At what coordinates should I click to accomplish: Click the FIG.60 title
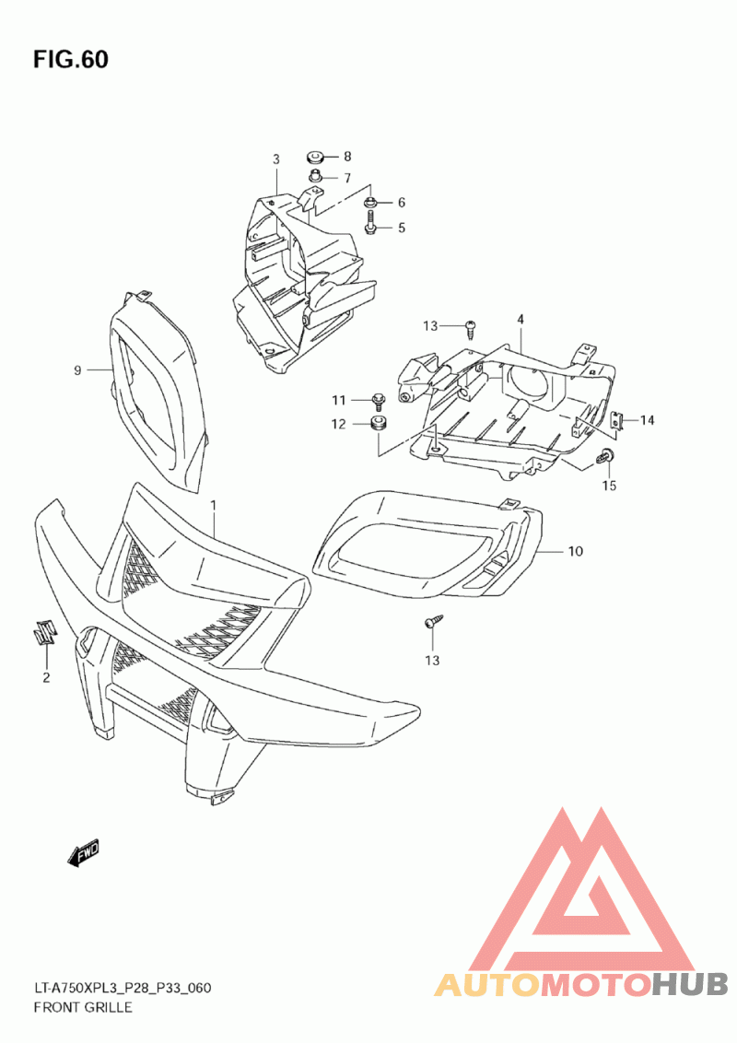point(71,60)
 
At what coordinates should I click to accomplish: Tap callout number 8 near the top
point(347,157)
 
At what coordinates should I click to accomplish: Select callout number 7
point(347,179)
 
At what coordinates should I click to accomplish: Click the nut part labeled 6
point(370,202)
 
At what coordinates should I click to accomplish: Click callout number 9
point(78,370)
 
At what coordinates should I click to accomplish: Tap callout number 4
point(520,320)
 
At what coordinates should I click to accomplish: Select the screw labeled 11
point(378,400)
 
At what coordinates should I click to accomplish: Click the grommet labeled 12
point(377,425)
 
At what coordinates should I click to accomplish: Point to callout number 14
point(648,420)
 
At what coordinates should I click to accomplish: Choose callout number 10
point(575,552)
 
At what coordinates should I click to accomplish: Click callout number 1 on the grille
point(214,506)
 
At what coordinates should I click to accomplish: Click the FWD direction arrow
point(84,853)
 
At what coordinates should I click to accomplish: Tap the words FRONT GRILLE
point(82,1007)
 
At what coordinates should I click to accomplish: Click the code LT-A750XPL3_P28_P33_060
point(123,989)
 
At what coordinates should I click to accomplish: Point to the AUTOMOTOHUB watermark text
point(580,984)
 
